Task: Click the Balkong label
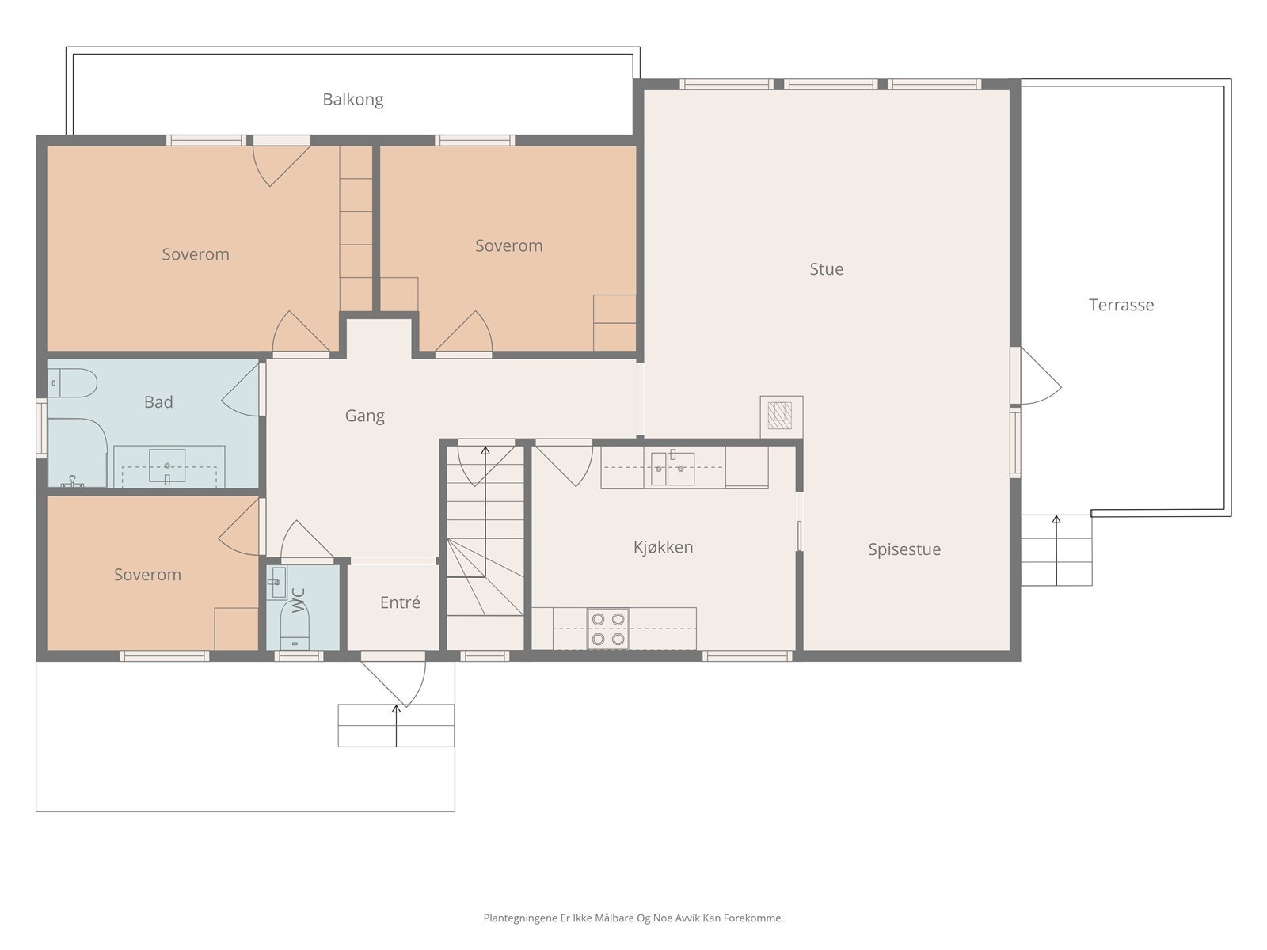352,100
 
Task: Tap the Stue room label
826,269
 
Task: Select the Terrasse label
1121,305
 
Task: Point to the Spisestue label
904,549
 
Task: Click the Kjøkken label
663,547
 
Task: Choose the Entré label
400,602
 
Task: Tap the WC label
298,600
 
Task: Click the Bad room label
158,402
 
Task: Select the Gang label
364,416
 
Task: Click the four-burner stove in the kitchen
608,629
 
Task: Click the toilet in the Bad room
72,383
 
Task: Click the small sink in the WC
277,582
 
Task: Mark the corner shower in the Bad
77,454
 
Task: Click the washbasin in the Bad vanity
167,465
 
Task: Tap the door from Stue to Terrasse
1036,375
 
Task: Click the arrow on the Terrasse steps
1056,550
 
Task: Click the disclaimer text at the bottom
633,918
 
